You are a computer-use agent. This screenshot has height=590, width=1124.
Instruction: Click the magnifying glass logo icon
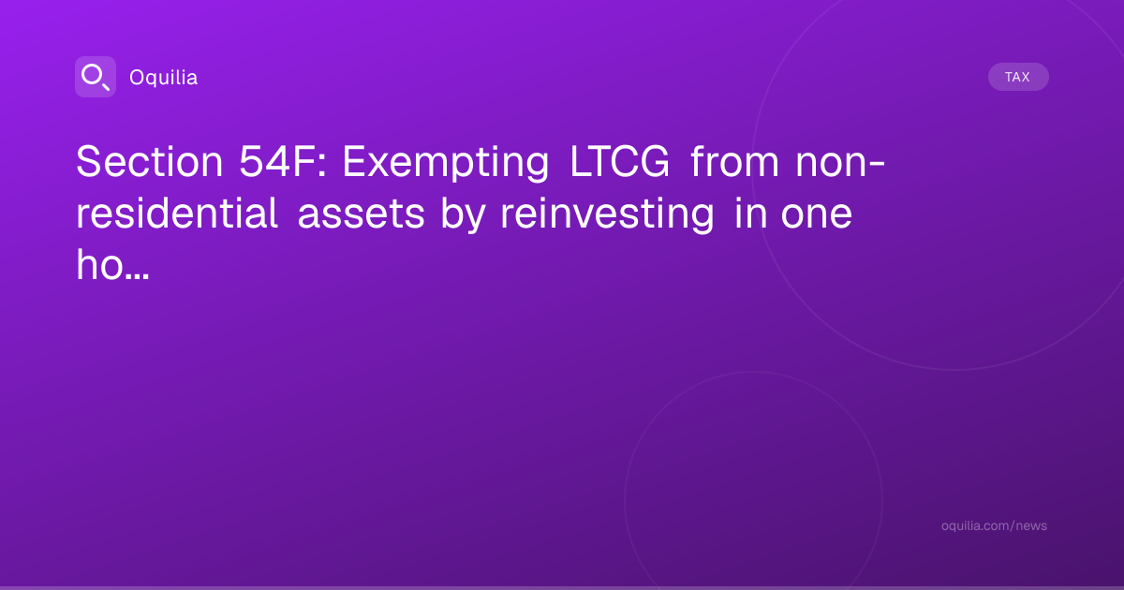[x=96, y=77]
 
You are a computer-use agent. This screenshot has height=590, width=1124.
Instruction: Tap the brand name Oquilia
[x=164, y=78]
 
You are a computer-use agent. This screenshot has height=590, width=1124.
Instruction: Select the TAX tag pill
[x=1018, y=77]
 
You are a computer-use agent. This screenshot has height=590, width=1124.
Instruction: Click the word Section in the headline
[x=150, y=161]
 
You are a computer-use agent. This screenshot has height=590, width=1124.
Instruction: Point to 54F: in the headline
[x=283, y=161]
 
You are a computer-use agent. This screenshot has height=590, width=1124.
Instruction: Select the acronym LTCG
[x=620, y=161]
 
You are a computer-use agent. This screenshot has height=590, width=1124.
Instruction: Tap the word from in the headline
[x=734, y=161]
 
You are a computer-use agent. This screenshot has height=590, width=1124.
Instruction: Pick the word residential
[x=177, y=214]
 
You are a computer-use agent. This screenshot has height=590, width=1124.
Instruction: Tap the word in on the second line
[x=750, y=214]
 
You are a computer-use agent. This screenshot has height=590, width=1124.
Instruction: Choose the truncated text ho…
[x=112, y=264]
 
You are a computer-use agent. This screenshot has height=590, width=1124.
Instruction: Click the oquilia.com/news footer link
[x=994, y=525]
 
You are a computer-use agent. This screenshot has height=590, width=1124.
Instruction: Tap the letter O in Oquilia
[x=138, y=78]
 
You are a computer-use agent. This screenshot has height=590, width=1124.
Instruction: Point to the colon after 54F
[x=322, y=165]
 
